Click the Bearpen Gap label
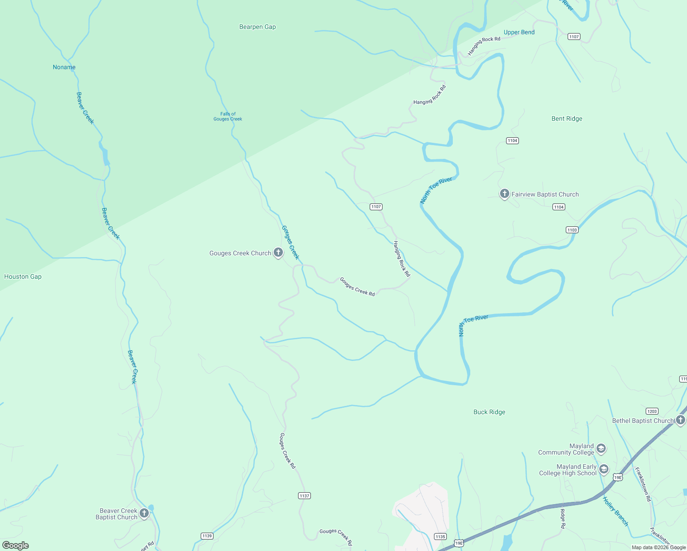[257, 27]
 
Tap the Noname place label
[64, 67]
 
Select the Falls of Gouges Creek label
[227, 117]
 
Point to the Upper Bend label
[519, 33]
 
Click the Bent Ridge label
[567, 119]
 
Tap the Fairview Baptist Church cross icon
[504, 194]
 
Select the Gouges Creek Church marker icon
[278, 252]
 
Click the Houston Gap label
[23, 277]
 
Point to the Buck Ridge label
[489, 412]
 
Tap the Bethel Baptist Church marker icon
[681, 420]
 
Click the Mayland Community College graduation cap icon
[601, 449]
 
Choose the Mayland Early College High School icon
[604, 469]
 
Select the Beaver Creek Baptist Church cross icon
[144, 513]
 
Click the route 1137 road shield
[304, 496]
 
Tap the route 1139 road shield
[207, 536]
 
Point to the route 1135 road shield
[440, 536]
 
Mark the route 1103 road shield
[572, 230]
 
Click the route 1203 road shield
[652, 411]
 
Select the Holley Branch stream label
[615, 512]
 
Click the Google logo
[16, 545]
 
